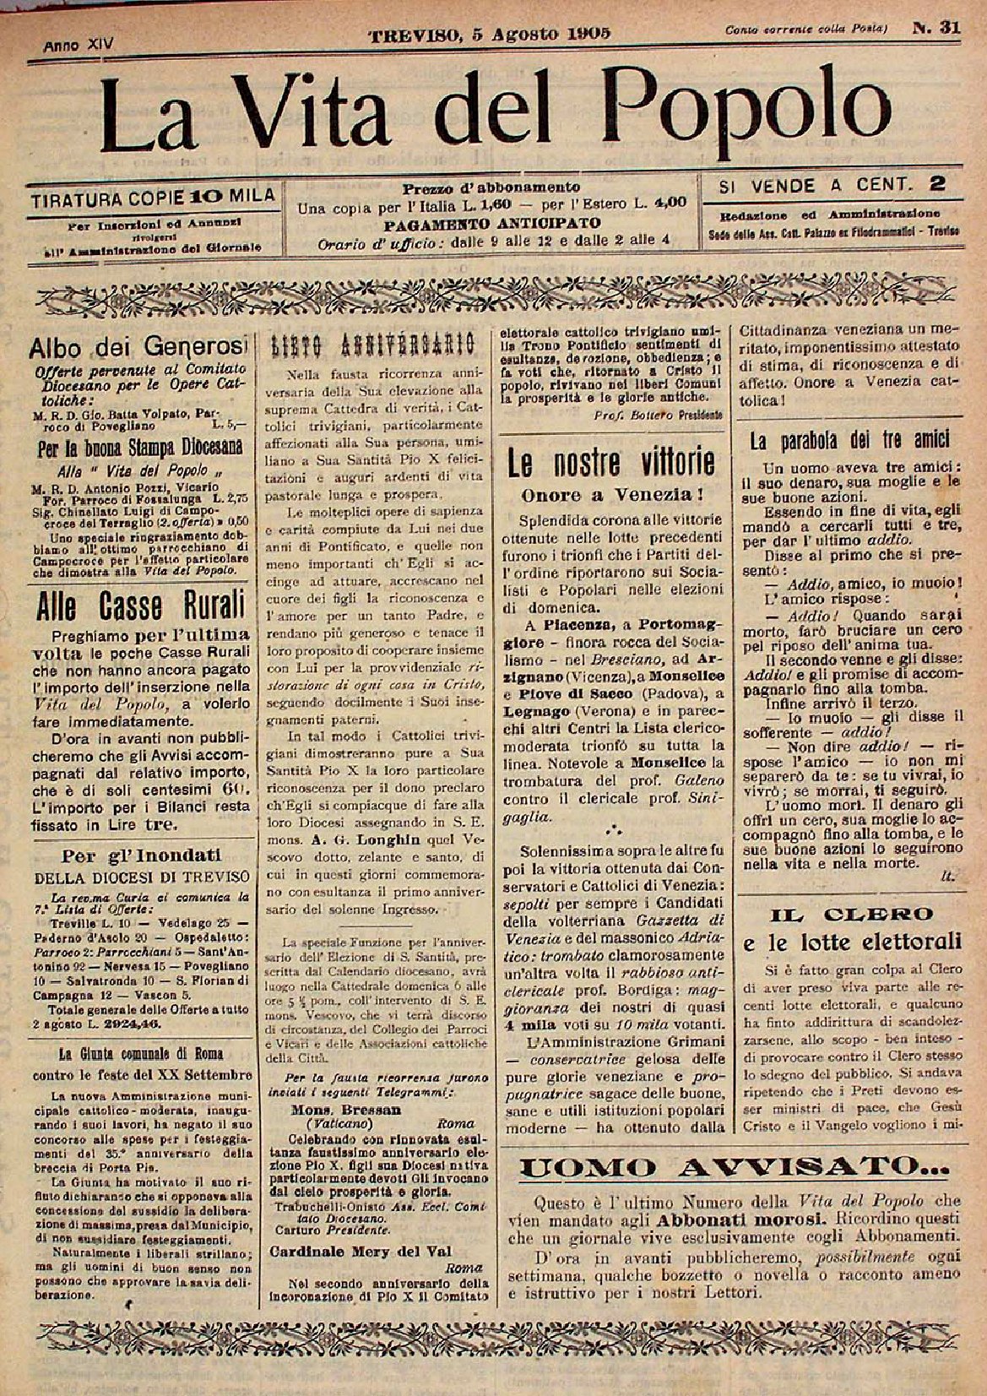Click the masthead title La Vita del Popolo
point(498,106)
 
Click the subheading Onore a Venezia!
point(613,493)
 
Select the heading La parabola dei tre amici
point(850,439)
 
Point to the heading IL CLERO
point(850,914)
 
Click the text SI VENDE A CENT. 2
point(830,184)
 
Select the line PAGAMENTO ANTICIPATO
point(491,224)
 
